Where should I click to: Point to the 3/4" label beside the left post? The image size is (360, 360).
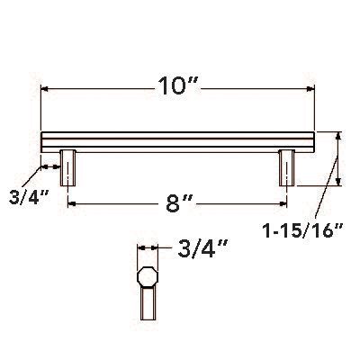(x=24, y=195)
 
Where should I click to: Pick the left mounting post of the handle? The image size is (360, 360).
(x=67, y=168)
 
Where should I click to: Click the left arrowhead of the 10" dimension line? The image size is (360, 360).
(x=45, y=89)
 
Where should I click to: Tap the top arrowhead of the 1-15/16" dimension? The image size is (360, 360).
(x=339, y=135)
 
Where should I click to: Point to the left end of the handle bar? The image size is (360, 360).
(x=43, y=141)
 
